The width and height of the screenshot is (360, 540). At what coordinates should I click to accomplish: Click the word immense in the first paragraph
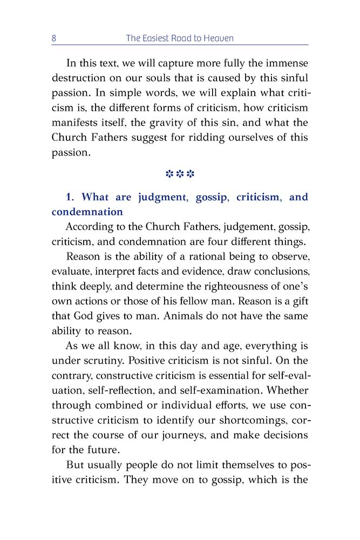pos(280,62)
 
